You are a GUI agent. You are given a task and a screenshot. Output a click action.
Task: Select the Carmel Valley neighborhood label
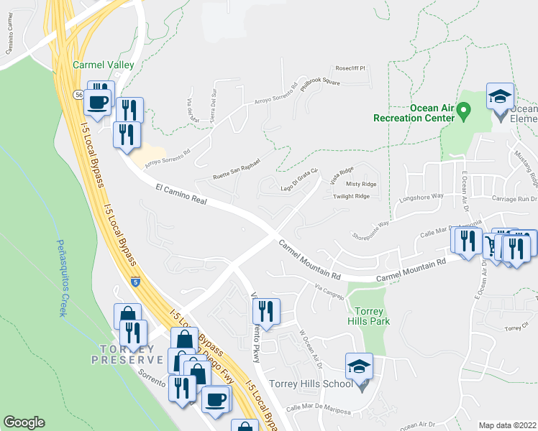[x=104, y=65]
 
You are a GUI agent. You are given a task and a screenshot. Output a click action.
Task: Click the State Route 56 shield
[x=77, y=94]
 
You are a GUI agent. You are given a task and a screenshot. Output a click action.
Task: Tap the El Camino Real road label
[x=181, y=195]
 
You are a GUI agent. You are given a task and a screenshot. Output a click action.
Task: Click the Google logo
[x=24, y=422]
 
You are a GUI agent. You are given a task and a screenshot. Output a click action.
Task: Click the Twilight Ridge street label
[x=351, y=196]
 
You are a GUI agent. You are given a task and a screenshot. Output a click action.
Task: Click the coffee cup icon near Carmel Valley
[x=99, y=101]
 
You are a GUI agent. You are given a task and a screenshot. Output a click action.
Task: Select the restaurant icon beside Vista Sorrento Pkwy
[x=265, y=311]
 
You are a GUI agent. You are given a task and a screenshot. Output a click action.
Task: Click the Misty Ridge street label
[x=361, y=184]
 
